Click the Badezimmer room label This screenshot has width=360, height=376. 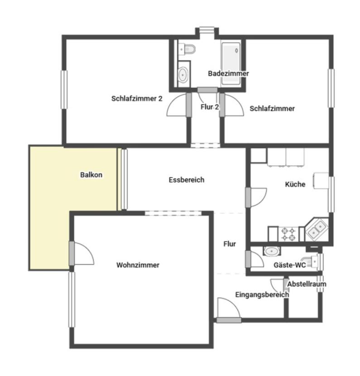[x=228, y=73]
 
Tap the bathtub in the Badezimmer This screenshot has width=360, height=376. [x=231, y=63]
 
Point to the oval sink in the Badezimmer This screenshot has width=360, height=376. [x=183, y=75]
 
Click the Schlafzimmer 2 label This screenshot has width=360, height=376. [x=137, y=98]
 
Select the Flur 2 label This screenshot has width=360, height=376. [x=210, y=107]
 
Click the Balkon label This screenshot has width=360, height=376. [x=91, y=175]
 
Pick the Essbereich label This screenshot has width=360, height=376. [x=187, y=180]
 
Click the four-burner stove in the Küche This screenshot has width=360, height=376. [x=288, y=234]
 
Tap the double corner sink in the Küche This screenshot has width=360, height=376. [x=317, y=230]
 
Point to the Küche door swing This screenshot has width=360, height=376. [x=259, y=198]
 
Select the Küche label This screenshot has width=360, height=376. [x=295, y=184]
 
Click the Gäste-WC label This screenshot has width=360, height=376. [x=290, y=265]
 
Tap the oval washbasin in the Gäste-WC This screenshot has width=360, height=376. [x=272, y=251]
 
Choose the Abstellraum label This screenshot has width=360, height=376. [x=307, y=284]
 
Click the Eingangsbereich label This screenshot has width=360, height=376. [x=262, y=295]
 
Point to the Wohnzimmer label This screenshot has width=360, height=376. [x=138, y=265]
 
